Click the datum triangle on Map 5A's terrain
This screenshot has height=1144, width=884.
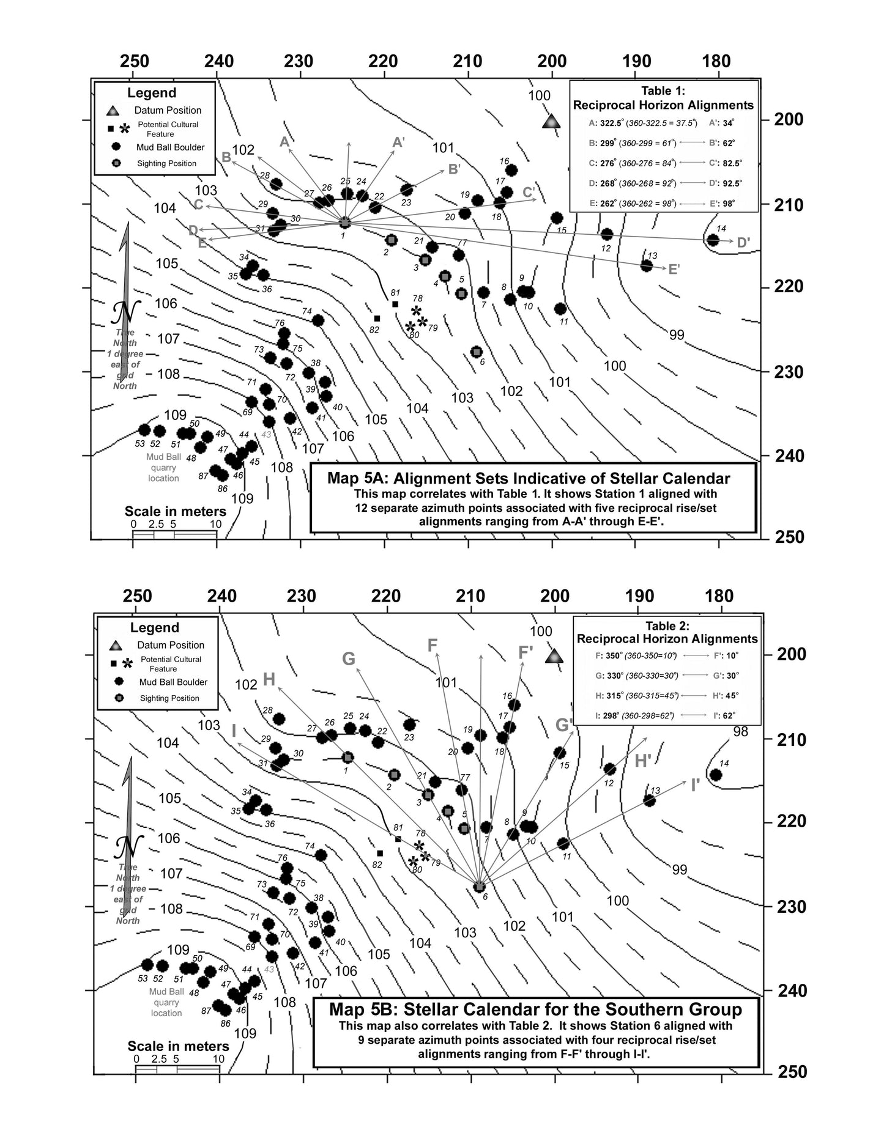click(x=551, y=121)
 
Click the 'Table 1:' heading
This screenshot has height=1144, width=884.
click(x=663, y=91)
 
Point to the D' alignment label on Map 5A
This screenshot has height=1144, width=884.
click(x=743, y=243)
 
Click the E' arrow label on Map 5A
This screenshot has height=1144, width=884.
click(x=674, y=269)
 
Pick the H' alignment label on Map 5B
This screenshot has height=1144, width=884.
click(x=642, y=761)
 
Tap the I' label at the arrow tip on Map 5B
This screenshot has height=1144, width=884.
click(x=695, y=785)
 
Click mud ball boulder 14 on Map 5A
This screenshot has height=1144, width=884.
click(x=713, y=240)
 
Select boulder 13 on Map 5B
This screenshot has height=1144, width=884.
click(x=650, y=800)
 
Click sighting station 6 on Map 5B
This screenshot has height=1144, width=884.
click(x=480, y=887)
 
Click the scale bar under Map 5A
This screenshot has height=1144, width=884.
click(x=174, y=534)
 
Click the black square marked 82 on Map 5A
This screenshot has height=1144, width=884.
click(x=377, y=318)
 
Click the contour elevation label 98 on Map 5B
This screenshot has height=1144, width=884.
click(x=740, y=732)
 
